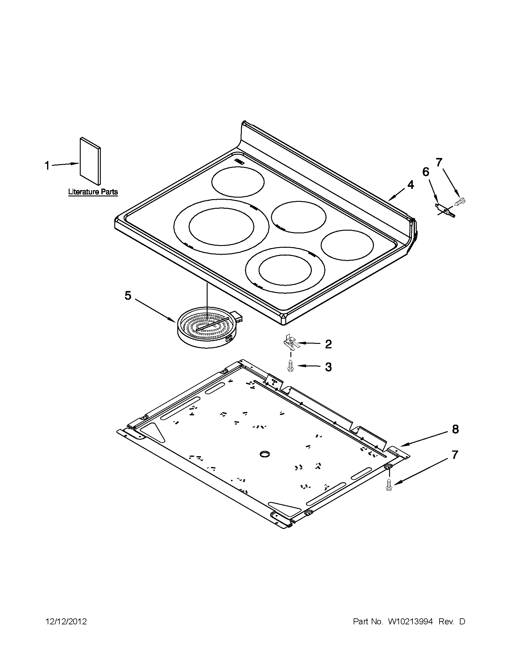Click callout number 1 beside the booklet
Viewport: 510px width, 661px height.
(47, 165)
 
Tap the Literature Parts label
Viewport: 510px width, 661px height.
(93, 192)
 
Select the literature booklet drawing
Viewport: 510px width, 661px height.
(90, 161)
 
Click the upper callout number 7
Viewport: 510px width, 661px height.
(438, 162)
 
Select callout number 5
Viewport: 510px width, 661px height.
(128, 296)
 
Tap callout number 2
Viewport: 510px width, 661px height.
(328, 344)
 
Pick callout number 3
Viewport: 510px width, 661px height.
(328, 367)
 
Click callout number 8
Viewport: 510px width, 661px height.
(455, 429)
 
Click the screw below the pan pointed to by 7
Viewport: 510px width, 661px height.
(388, 486)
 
